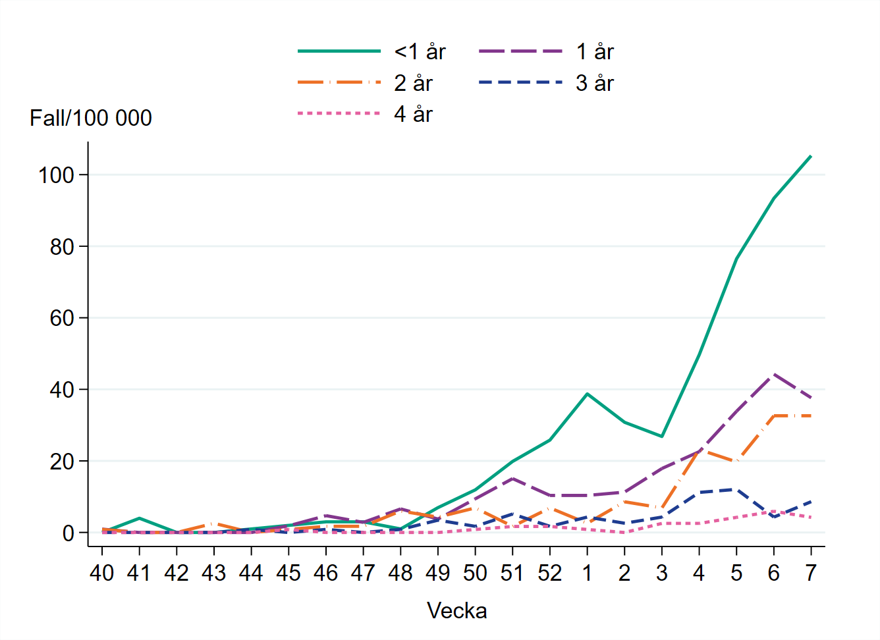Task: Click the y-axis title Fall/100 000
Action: tap(91, 118)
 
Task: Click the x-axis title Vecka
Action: tap(456, 610)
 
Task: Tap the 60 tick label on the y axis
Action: tap(62, 318)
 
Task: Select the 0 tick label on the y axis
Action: tap(69, 533)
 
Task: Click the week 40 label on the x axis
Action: tap(101, 573)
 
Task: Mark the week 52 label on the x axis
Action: tap(549, 573)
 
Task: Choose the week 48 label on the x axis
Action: tap(400, 573)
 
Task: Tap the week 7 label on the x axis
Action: tap(811, 573)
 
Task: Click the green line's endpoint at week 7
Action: tap(811, 156)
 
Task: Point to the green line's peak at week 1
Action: tap(587, 394)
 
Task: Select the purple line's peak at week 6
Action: tap(773, 374)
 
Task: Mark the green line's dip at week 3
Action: tap(661, 437)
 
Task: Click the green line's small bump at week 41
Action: tap(139, 518)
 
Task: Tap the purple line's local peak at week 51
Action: tap(512, 478)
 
